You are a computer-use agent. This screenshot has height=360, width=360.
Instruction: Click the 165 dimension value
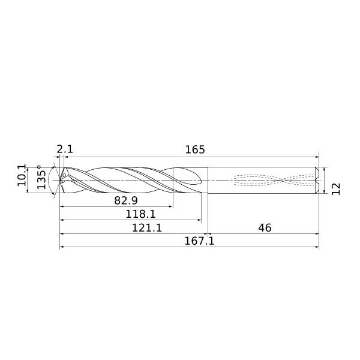pyautogui.click(x=194, y=149)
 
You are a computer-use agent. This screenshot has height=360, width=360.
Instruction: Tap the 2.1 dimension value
pyautogui.click(x=65, y=149)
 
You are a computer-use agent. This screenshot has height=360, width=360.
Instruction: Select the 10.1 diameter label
pyautogui.click(x=22, y=175)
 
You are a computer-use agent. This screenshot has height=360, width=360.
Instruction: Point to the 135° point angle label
pyautogui.click(x=41, y=177)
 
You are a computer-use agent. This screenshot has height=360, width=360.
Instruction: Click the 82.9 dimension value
pyautogui.click(x=126, y=200)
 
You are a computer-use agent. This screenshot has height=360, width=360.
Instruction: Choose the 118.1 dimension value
pyautogui.click(x=140, y=214)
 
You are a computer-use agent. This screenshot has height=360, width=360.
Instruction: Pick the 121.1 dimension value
pyautogui.click(x=147, y=228)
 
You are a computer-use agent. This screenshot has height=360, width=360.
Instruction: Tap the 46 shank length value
pyautogui.click(x=265, y=228)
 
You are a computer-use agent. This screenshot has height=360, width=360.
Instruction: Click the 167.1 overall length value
pyautogui.click(x=199, y=241)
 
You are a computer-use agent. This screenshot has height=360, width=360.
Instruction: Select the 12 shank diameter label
pyautogui.click(x=336, y=189)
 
